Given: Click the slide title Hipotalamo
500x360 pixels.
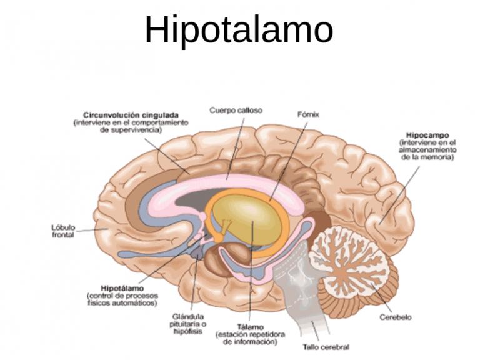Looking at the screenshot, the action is click(x=239, y=30).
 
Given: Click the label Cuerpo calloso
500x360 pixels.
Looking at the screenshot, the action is click(x=236, y=111).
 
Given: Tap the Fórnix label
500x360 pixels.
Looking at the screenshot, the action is click(x=308, y=114).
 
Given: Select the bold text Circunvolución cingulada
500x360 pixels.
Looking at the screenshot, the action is click(x=131, y=115).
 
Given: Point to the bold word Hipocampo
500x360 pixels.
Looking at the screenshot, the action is click(x=427, y=135).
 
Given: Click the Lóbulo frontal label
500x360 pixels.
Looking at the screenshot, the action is click(x=63, y=231).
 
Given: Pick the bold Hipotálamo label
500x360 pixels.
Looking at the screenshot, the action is click(x=122, y=289).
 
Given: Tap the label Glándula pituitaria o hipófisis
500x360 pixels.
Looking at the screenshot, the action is click(x=188, y=324).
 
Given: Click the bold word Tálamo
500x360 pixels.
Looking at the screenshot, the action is click(x=251, y=327).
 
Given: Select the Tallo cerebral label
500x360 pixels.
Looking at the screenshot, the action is click(x=326, y=347).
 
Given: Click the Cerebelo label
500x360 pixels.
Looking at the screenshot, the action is click(x=396, y=317).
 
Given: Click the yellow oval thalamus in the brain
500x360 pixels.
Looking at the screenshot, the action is click(x=246, y=221).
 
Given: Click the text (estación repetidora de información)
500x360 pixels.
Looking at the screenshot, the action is click(x=251, y=338).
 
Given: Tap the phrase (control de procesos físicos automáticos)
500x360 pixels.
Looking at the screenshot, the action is click(x=122, y=299).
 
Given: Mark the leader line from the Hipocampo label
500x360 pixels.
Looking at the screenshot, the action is click(x=399, y=195).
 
